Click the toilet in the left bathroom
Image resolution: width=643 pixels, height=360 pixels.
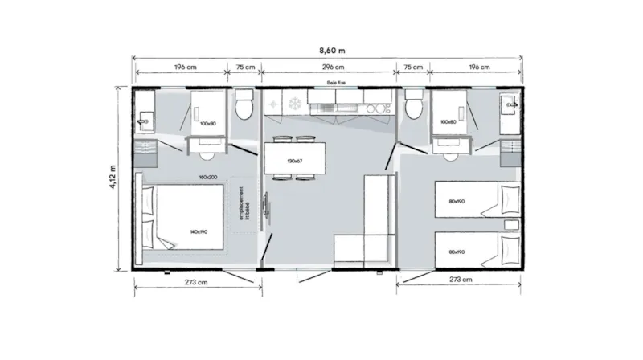(x=244, y=104)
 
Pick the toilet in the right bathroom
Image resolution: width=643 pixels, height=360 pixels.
(x=414, y=104)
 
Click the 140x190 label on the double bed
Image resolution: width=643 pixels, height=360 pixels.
(x=199, y=231)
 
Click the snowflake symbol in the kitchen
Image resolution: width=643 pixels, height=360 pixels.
(x=293, y=103)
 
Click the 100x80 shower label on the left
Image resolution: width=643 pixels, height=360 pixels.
(x=208, y=123)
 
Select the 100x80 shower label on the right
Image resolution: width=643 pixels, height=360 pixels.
(x=448, y=122)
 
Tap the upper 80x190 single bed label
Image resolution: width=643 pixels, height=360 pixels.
(x=456, y=202)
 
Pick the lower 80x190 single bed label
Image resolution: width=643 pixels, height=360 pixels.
(x=456, y=252)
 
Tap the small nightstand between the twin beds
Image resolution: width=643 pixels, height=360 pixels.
(x=510, y=223)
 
